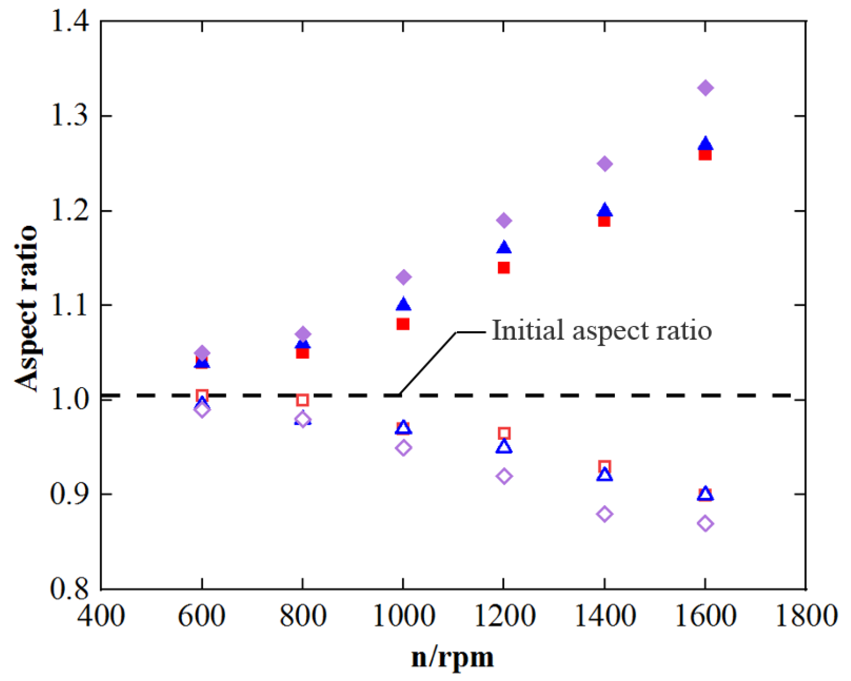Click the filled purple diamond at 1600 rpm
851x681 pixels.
705,88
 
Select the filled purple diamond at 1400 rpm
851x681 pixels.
604,164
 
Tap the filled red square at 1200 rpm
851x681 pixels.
504,268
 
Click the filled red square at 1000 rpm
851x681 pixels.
403,324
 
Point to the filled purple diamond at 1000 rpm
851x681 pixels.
403,277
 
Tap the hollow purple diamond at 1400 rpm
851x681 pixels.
604,514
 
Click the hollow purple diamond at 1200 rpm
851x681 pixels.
504,476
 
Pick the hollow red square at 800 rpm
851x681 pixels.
302,400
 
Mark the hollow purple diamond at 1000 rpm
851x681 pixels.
403,448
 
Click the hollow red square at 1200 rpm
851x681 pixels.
504,433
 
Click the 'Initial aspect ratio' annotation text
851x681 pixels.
602,330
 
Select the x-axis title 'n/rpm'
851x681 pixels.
452,658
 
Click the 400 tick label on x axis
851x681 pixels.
101,616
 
